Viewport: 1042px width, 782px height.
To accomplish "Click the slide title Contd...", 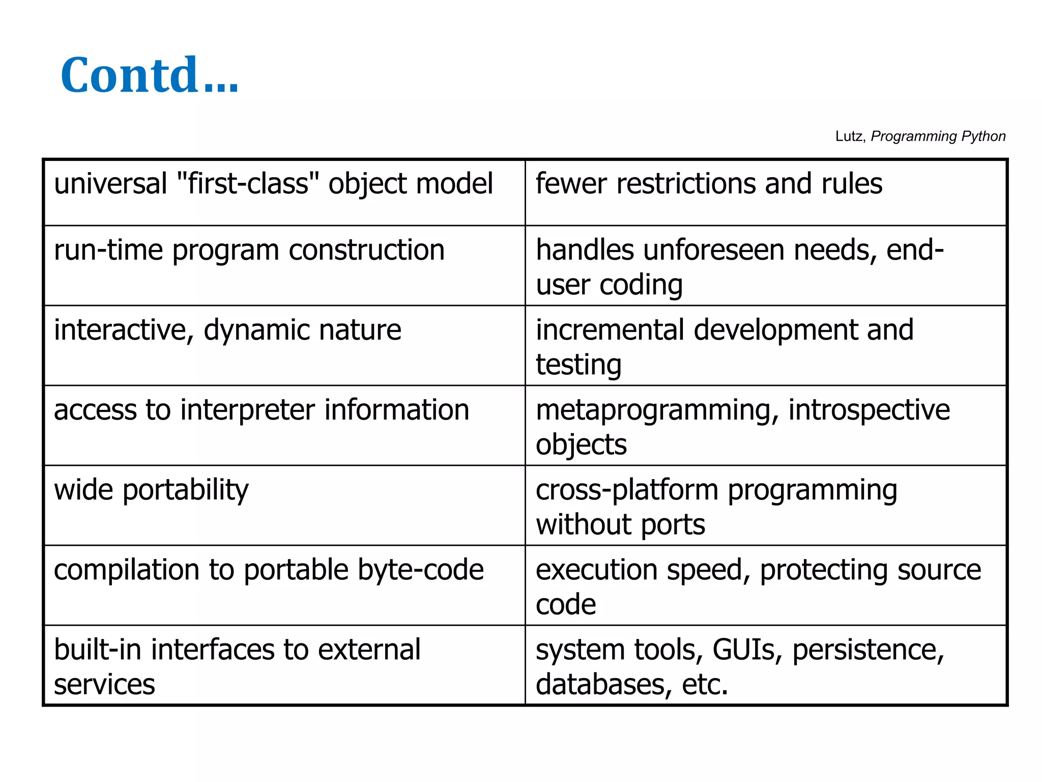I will point(149,75).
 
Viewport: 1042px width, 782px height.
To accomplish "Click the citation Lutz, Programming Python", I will point(920,136).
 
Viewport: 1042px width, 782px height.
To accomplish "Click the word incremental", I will point(610,330).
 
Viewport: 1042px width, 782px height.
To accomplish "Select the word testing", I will point(578,365).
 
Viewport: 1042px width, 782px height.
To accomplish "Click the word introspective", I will point(869,410).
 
